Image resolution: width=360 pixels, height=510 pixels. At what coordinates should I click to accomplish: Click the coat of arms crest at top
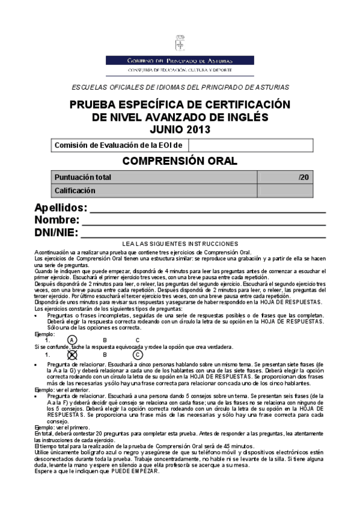click(x=180, y=44)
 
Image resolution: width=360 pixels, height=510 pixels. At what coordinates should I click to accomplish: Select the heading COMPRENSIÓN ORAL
click(x=180, y=161)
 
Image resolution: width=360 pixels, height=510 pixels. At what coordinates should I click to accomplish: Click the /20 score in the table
click(x=304, y=177)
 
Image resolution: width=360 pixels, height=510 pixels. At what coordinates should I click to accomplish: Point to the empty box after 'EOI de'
click(x=251, y=145)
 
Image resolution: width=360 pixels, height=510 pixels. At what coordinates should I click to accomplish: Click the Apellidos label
click(x=60, y=208)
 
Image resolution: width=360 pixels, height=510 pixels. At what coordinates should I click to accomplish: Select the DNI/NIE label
click(x=56, y=233)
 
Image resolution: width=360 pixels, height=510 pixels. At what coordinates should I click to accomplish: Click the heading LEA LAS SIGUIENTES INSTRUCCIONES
click(x=180, y=243)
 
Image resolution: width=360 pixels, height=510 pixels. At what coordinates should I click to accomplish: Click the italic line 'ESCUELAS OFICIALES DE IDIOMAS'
click(x=180, y=87)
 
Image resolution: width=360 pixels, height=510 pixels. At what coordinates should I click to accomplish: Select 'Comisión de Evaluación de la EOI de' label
click(x=120, y=145)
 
